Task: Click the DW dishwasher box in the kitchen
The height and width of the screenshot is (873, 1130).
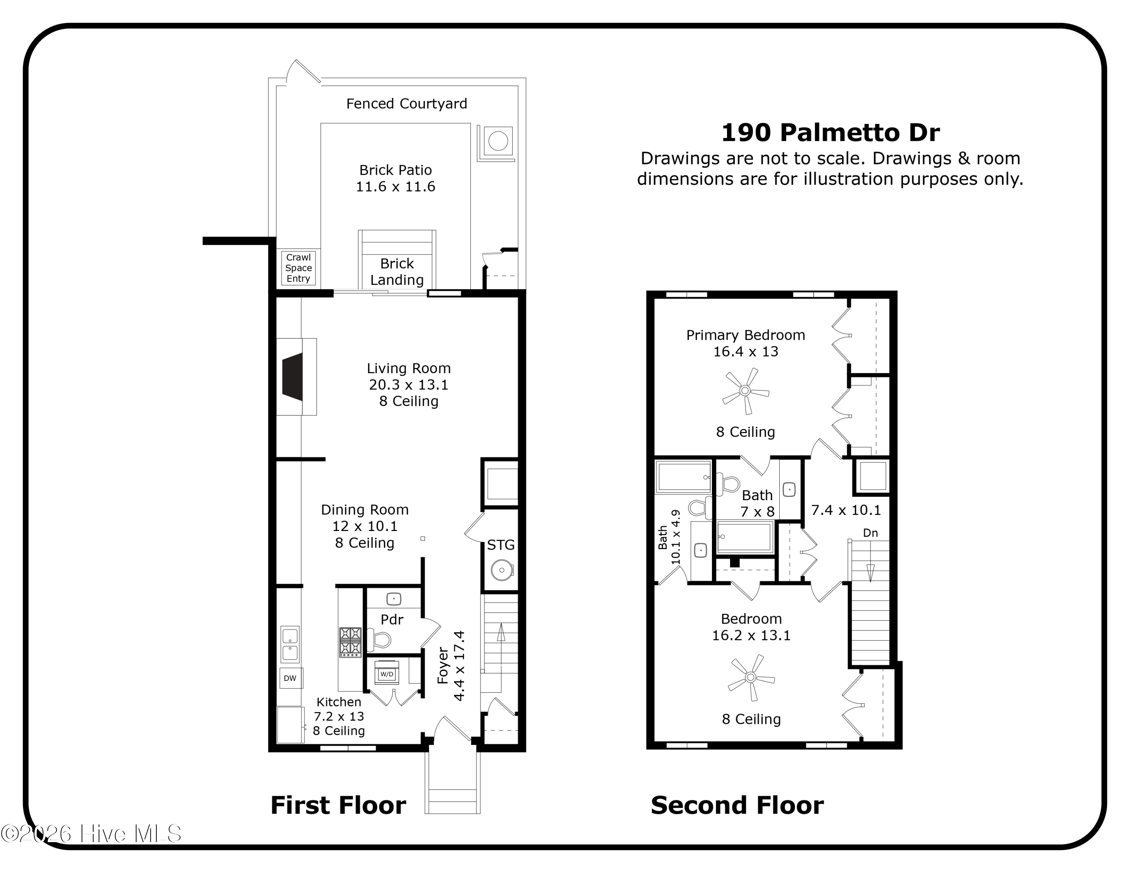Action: [x=290, y=678]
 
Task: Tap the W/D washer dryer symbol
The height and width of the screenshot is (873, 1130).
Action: [x=386, y=674]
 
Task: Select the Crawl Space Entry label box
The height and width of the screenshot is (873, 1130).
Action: [x=299, y=268]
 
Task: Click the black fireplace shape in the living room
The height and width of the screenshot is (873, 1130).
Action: [x=293, y=377]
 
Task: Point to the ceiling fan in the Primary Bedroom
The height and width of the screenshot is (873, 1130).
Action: [x=745, y=391]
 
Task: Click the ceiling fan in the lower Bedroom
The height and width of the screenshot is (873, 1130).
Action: [x=751, y=677]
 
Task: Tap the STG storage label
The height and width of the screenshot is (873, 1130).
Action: [x=500, y=545]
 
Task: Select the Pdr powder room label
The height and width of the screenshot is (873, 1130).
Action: [x=392, y=620]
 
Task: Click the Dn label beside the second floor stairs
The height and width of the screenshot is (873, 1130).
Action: [x=870, y=533]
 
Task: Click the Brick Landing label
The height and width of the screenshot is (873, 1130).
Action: [x=397, y=272]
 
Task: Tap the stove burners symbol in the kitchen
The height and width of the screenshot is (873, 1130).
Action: [x=350, y=642]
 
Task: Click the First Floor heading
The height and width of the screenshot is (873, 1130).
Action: [x=338, y=805]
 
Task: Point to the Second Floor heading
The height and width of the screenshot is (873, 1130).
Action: [x=737, y=805]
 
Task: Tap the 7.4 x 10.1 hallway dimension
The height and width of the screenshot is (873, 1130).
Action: [x=846, y=510]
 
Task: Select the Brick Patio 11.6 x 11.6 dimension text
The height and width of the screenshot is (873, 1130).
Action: [x=395, y=187]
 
